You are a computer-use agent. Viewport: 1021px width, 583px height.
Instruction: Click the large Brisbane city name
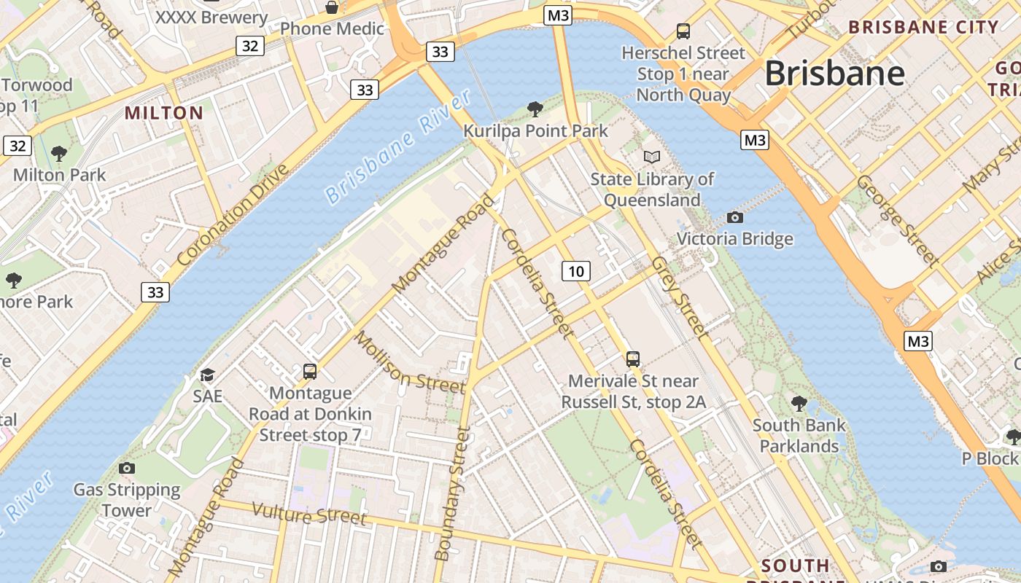[x=834, y=74]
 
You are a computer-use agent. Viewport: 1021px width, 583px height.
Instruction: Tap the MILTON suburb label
[x=164, y=113]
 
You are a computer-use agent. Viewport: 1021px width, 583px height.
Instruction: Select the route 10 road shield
[x=576, y=272]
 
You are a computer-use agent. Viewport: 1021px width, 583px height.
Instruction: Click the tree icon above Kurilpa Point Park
[x=535, y=109]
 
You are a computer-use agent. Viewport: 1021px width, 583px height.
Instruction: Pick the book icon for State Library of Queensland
[x=651, y=157]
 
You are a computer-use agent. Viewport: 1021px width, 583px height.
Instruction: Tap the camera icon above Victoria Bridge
[x=735, y=217]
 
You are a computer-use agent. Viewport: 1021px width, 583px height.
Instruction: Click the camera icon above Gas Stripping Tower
[x=127, y=468]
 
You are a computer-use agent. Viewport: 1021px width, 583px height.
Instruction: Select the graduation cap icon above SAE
[x=208, y=375]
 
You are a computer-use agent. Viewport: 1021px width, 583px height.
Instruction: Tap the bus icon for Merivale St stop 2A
[x=632, y=359]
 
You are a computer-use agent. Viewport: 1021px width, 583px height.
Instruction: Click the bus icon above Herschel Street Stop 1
[x=683, y=31]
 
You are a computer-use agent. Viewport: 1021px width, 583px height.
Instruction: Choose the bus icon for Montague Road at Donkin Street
[x=310, y=371]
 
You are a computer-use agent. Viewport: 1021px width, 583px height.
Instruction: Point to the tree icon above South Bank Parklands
[x=799, y=403]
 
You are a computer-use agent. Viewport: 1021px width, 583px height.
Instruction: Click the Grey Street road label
[x=679, y=297]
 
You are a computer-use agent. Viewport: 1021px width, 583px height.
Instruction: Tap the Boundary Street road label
[x=453, y=493]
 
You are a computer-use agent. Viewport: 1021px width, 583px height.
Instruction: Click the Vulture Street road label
[x=309, y=514]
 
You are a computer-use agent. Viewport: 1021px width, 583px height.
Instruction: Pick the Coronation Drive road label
[x=233, y=215]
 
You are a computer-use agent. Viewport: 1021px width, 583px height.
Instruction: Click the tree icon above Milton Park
[x=59, y=154]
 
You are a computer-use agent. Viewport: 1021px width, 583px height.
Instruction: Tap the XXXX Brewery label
[x=211, y=17]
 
